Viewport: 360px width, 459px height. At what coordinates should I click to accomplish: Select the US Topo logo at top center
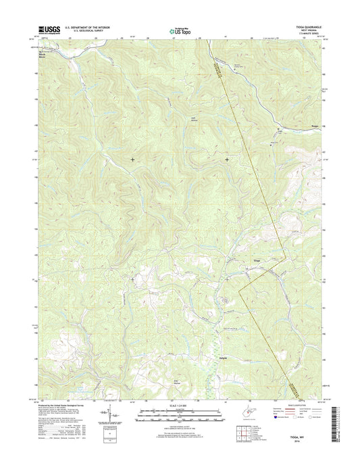tap(179, 30)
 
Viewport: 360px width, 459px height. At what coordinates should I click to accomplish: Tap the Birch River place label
tap(45, 55)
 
